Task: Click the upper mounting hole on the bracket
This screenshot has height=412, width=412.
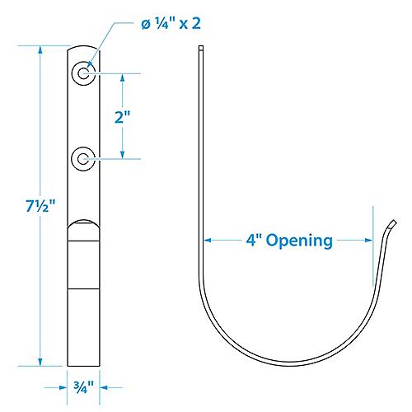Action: tap(83, 73)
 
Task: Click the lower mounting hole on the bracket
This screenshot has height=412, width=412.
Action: tap(83, 157)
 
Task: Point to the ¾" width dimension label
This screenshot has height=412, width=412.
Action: tap(83, 384)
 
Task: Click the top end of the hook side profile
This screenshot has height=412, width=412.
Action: tap(201, 50)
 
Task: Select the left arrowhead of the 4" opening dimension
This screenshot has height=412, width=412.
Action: tap(207, 241)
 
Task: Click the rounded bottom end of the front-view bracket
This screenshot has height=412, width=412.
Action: tap(83, 363)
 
